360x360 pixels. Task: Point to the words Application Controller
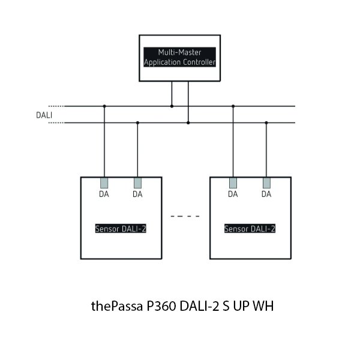[x=180, y=62]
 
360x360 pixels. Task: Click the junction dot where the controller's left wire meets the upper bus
[x=172, y=106]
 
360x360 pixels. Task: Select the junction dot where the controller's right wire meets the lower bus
[x=188, y=123]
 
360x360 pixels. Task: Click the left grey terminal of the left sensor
[x=104, y=182]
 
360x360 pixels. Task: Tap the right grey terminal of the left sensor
[x=137, y=182]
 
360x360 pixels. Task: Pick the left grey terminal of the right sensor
[x=233, y=182]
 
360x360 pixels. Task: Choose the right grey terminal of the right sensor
[x=266, y=182]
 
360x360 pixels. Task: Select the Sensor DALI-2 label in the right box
[x=250, y=229]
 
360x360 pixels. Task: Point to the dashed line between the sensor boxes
[x=185, y=215]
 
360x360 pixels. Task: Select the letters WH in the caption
[x=263, y=307]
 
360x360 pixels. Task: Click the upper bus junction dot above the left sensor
[x=104, y=106]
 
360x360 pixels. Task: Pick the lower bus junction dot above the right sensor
[x=266, y=123]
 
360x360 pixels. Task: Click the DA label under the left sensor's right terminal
[x=137, y=194]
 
